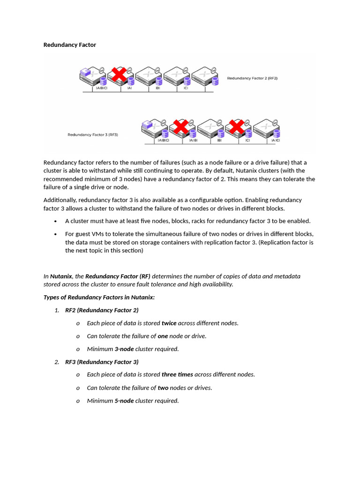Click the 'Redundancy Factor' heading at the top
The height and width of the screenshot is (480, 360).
[69, 45]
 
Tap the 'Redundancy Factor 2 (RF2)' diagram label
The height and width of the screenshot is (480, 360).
[252, 78]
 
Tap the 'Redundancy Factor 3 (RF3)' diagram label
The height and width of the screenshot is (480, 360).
[93, 135]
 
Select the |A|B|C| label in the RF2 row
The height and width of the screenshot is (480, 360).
[101, 88]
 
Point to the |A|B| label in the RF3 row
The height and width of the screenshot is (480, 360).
[193, 140]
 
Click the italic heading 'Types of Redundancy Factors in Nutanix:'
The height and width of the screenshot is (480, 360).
[99, 297]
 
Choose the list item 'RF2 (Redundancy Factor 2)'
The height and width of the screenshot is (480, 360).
[102, 310]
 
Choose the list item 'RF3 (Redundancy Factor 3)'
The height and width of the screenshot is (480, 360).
[102, 362]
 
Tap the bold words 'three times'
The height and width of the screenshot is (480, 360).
[177, 375]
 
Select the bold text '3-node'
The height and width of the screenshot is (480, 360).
[124, 349]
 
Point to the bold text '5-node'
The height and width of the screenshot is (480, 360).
[124, 401]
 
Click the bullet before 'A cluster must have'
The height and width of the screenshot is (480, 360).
[56, 221]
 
